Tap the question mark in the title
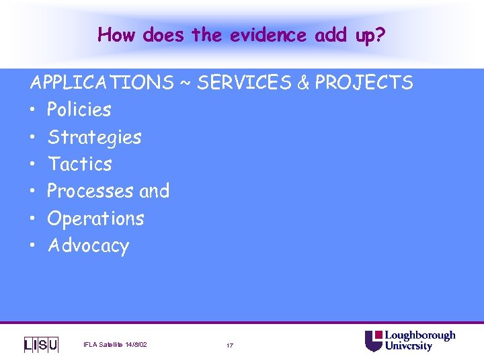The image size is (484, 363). (x=380, y=34)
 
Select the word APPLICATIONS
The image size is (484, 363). (x=101, y=83)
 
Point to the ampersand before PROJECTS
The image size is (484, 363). (x=302, y=83)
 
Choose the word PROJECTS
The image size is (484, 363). (x=364, y=83)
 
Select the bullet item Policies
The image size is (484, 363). (x=79, y=110)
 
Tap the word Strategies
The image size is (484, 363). (x=94, y=137)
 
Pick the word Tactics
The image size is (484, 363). (x=79, y=164)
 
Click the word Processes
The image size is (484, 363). (x=90, y=191)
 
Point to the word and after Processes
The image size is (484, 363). (x=154, y=191)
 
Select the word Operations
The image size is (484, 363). (x=95, y=218)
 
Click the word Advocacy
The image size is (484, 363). (x=88, y=245)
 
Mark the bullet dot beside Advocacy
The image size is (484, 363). (x=33, y=246)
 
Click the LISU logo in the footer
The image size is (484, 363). (x=41, y=344)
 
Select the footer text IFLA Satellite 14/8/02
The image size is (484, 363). (x=115, y=345)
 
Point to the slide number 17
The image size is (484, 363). (x=230, y=346)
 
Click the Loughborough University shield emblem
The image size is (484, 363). (x=373, y=341)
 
